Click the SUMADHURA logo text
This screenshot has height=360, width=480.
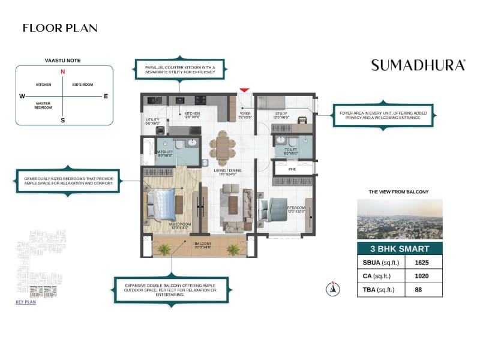pos(418,65)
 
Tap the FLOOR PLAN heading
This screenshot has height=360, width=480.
pos(60,28)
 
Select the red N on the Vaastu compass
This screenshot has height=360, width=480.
pos(62,72)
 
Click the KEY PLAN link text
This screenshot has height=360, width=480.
pos(26,302)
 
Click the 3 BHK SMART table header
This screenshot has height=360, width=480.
pos(400,248)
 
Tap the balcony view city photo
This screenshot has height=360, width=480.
pos(400,219)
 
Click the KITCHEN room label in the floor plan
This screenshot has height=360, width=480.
pos(192,113)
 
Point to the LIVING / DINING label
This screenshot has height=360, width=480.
pos(227,171)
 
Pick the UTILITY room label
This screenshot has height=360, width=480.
pos(152,119)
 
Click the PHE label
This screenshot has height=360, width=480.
pos(292,169)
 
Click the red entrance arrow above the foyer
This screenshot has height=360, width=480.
pos(244,89)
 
